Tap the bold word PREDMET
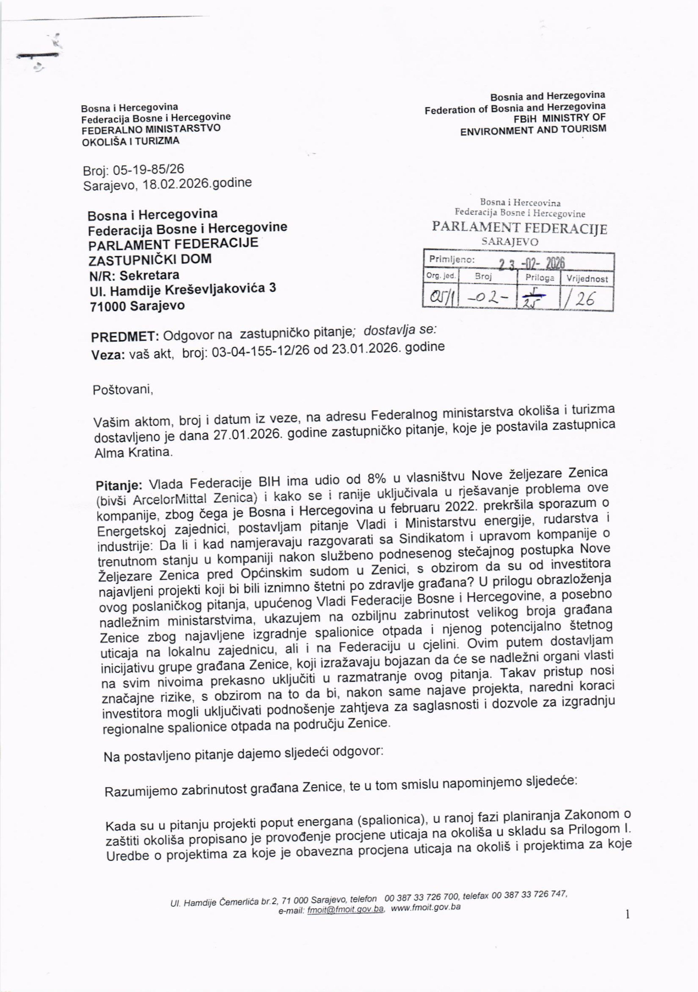coord(119,337)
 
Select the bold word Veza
coord(108,355)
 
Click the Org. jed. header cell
coord(441,276)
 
